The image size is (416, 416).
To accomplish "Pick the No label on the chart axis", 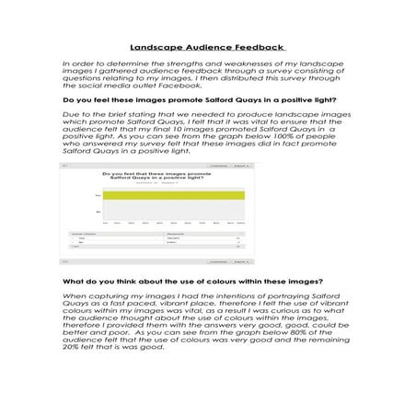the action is pos(98,213).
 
